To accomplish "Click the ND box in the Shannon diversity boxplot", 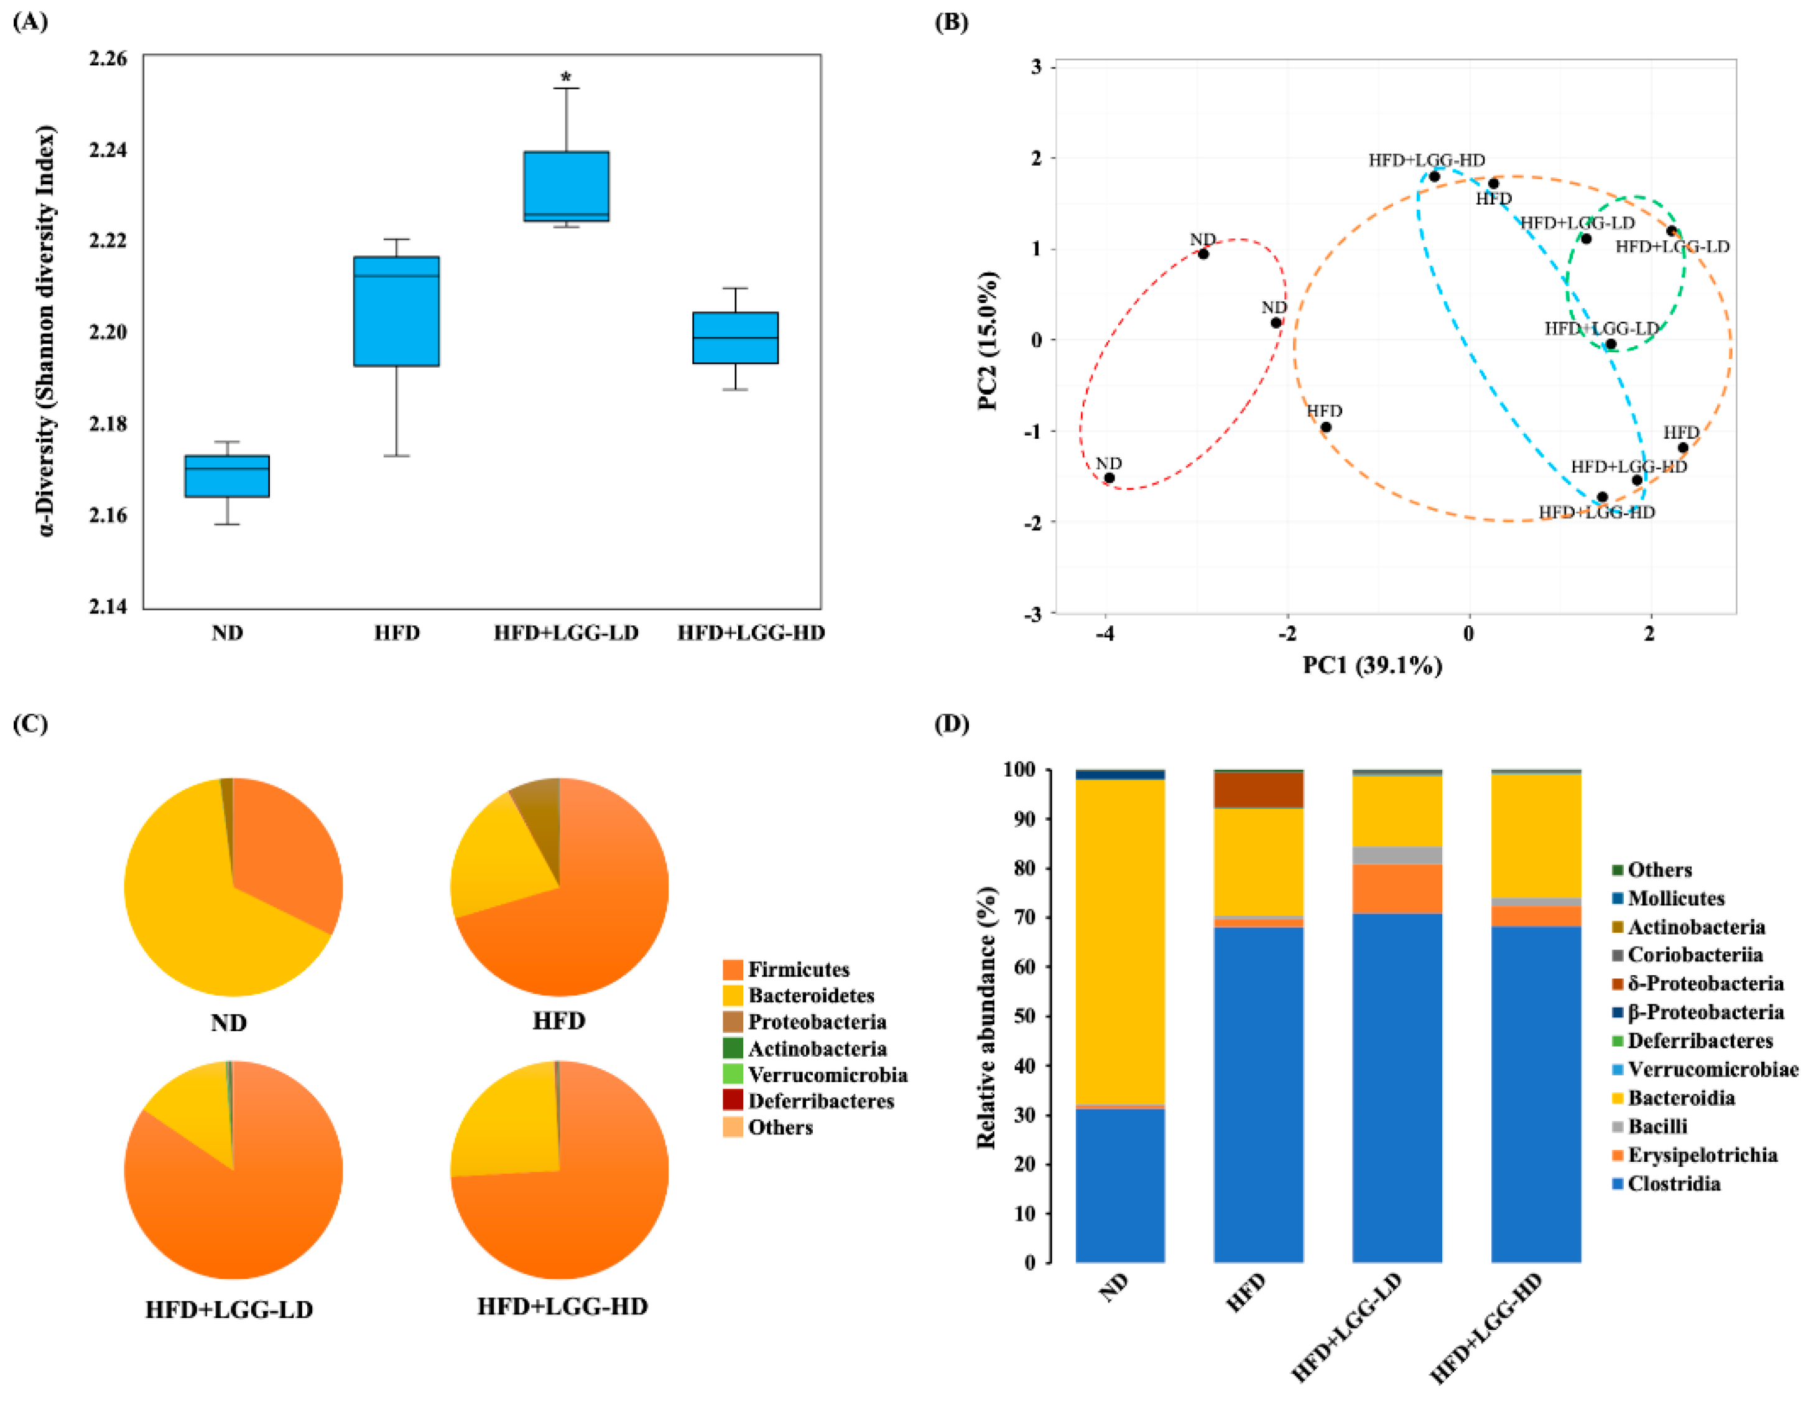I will click(226, 476).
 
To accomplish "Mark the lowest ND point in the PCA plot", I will click(1109, 478).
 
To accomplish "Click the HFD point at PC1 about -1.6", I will click(1326, 428).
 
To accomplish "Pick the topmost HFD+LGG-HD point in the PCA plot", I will click(1434, 177).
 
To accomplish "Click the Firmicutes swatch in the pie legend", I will click(732, 970).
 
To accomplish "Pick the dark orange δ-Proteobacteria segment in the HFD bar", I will click(1258, 790).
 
